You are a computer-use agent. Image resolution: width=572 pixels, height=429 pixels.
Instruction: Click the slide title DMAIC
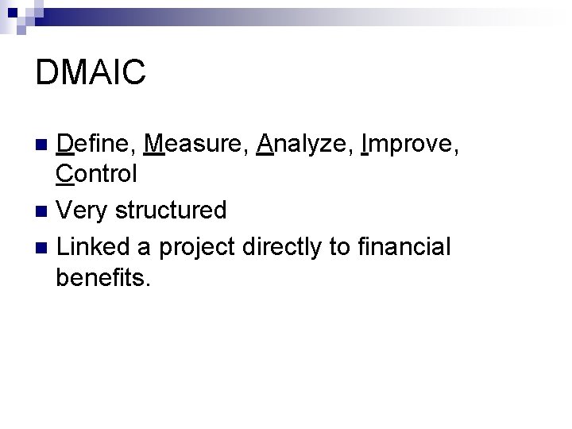tap(91, 72)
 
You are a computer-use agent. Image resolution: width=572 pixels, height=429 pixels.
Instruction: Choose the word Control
tap(97, 172)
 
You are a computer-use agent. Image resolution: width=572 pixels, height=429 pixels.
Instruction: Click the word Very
tap(82, 210)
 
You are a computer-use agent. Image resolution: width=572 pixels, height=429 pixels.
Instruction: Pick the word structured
tap(171, 210)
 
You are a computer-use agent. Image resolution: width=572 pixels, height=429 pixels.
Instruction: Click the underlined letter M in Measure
tap(155, 144)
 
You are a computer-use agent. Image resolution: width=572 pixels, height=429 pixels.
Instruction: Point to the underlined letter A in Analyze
tap(266, 144)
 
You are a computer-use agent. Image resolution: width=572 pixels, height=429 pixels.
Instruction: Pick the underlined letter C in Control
tap(66, 172)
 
